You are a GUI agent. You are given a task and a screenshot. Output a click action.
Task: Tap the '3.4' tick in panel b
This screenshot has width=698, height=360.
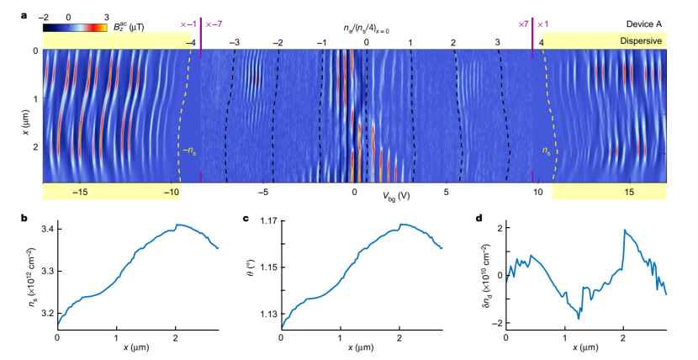click(43, 229)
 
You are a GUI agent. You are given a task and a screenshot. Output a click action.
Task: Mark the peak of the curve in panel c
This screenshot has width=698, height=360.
click(402, 225)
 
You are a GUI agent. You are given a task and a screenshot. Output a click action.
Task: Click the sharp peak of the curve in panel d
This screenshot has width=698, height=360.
click(624, 230)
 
